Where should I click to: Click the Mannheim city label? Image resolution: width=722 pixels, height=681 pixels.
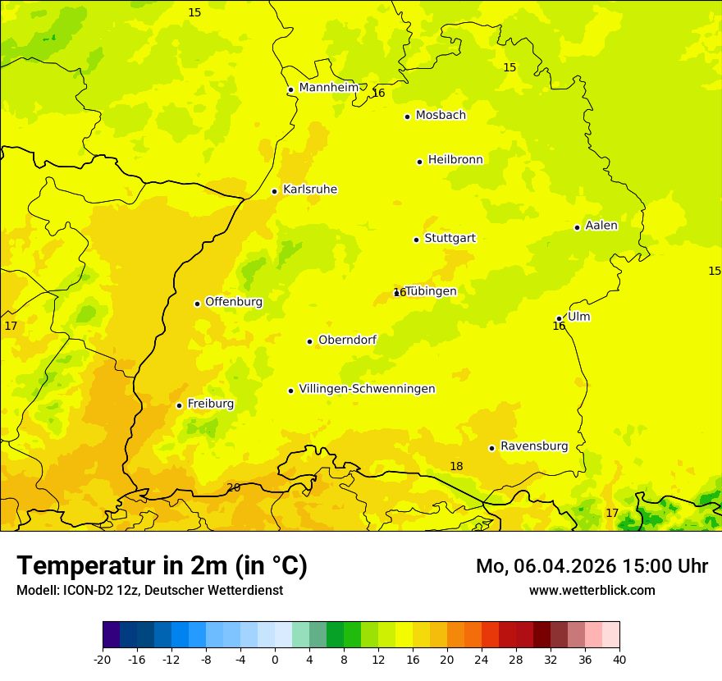[328, 88]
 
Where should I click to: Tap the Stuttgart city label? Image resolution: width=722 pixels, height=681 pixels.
[450, 239]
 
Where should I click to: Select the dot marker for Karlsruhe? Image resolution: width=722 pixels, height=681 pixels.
[274, 191]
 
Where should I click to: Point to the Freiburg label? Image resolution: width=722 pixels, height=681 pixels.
[210, 404]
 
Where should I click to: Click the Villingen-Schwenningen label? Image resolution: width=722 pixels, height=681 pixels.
[367, 389]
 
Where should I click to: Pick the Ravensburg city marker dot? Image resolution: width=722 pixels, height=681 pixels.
[491, 448]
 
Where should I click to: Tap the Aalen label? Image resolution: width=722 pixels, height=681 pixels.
[601, 226]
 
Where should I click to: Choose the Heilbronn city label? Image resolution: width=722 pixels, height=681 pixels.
[455, 160]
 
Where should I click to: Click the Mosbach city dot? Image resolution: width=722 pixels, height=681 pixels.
[407, 117]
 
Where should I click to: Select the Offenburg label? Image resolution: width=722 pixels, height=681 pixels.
[233, 302]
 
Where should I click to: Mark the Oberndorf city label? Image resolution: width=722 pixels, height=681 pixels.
[347, 340]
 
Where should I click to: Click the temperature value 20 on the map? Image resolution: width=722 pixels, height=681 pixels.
[233, 487]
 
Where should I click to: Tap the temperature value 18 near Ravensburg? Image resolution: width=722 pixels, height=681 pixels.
[456, 466]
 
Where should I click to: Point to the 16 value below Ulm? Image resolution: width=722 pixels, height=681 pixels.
[559, 327]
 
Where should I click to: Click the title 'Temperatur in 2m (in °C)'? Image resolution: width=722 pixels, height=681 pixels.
[162, 565]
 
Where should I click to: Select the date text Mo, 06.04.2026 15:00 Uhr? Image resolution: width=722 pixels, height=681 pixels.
[592, 566]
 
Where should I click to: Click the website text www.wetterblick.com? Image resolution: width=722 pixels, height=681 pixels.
[592, 591]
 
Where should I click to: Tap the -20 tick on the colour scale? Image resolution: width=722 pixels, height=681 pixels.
[103, 659]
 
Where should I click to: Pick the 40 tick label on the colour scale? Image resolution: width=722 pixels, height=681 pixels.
[619, 659]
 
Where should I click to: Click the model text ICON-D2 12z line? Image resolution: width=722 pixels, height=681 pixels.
[149, 591]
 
